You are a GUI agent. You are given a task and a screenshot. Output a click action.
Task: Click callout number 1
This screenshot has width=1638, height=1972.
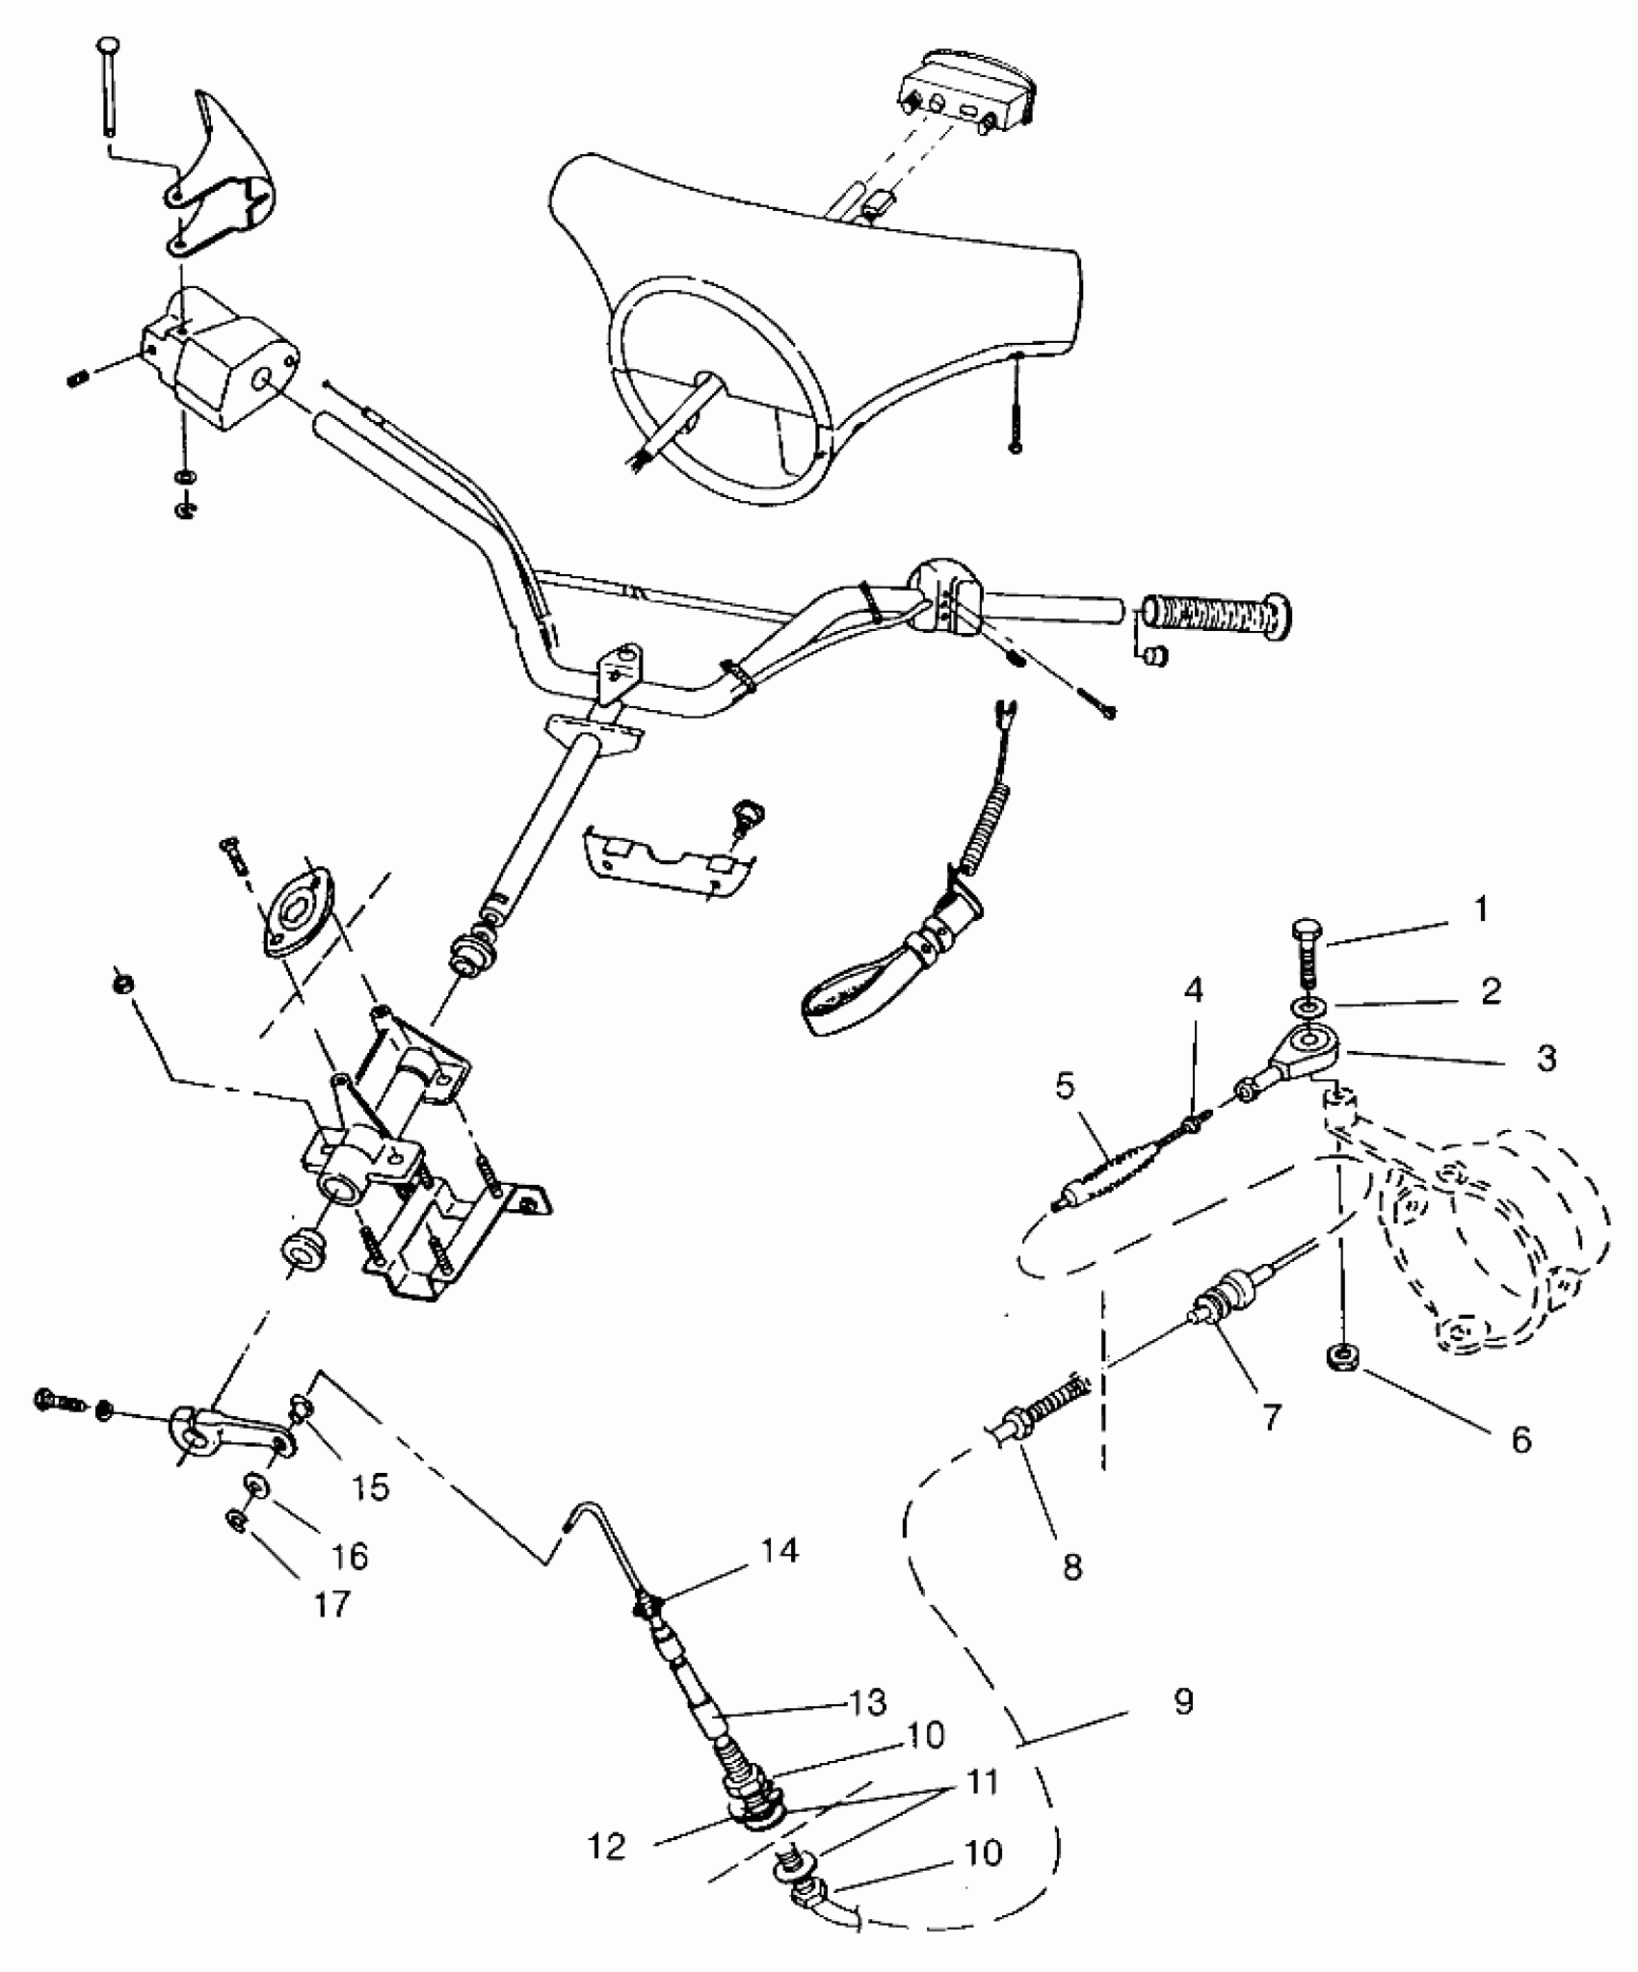coord(1481,909)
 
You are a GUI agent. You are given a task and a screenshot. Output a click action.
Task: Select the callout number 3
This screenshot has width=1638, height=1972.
coord(1546,1059)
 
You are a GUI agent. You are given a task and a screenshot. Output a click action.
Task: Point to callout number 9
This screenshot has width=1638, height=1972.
coord(1184,1701)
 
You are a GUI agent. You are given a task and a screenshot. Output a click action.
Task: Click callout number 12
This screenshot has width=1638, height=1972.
coord(608,1847)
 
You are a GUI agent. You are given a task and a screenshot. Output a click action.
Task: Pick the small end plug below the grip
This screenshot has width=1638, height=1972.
coord(1155,655)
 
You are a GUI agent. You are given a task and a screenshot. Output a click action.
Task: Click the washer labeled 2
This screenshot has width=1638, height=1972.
coord(1308,1007)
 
